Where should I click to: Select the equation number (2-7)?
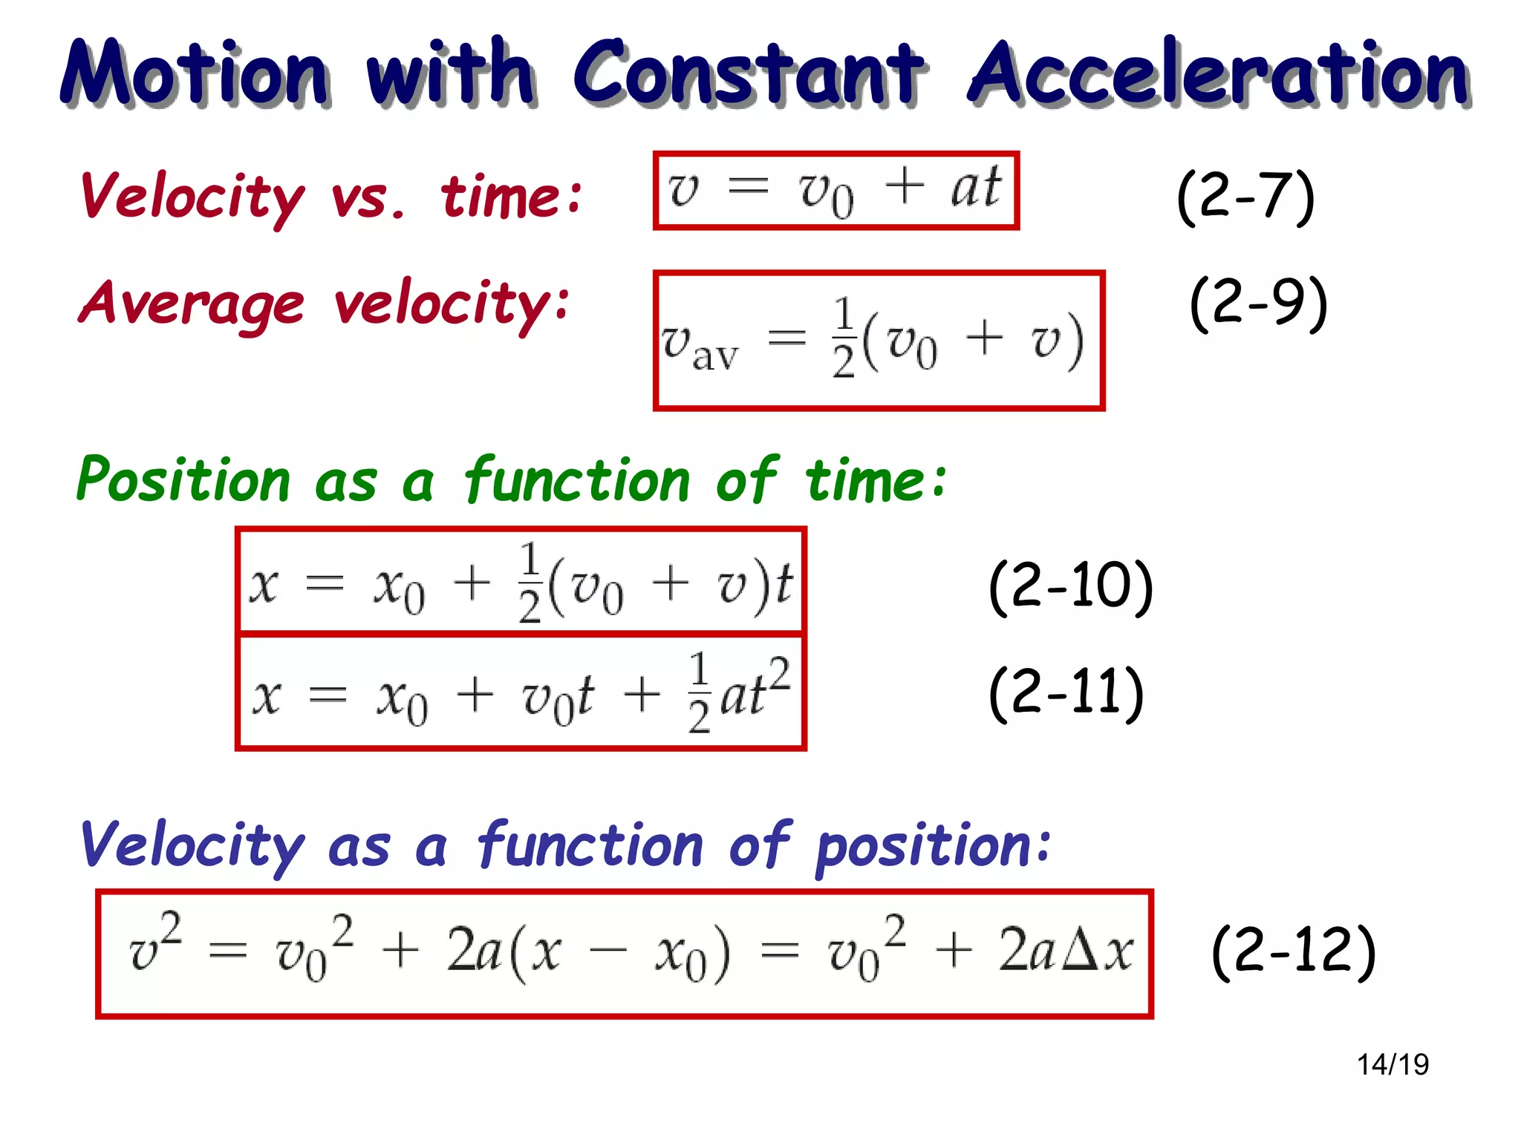point(1245,197)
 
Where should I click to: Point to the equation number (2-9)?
point(1258,304)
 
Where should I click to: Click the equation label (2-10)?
point(1070,586)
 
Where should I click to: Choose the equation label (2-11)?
point(1066,693)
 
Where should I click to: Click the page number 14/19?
point(1393,1064)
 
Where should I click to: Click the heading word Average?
point(192,304)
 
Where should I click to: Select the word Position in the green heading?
point(183,480)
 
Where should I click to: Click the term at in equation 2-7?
point(976,188)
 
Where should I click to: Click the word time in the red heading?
point(511,197)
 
